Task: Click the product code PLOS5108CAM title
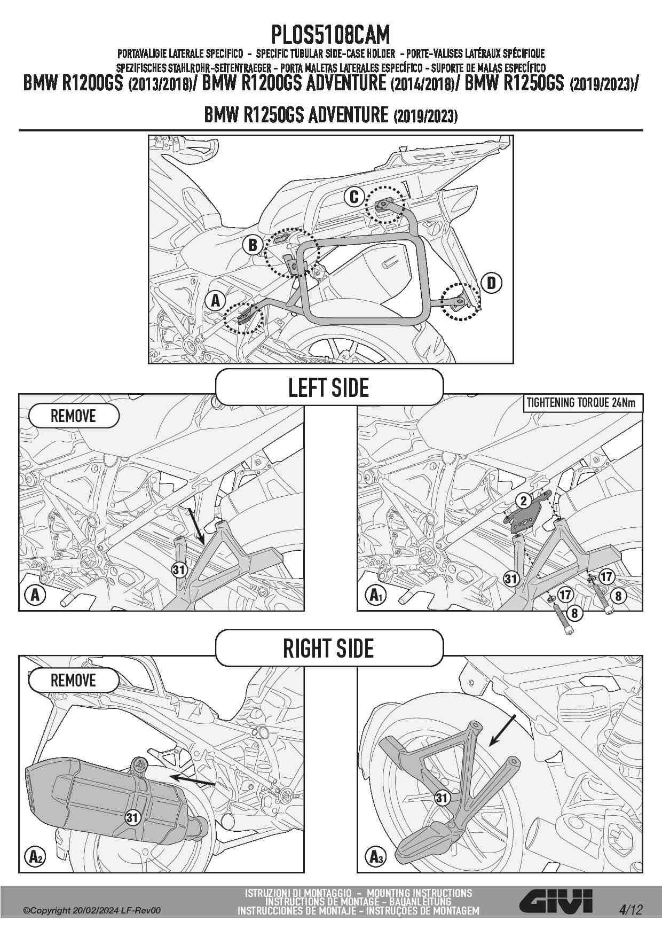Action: click(330, 35)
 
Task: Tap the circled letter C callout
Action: click(354, 197)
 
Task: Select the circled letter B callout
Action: click(253, 245)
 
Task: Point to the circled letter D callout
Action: click(491, 282)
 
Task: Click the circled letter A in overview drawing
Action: click(216, 301)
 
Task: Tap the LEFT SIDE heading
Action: click(329, 387)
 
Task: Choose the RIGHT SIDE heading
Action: click(329, 649)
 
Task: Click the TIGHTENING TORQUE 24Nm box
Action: click(581, 403)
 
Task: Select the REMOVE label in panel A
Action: click(73, 416)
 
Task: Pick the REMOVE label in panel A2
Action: click(73, 681)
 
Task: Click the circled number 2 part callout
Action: click(524, 501)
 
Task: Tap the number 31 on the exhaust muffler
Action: click(132, 817)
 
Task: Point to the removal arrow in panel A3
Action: click(503, 730)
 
